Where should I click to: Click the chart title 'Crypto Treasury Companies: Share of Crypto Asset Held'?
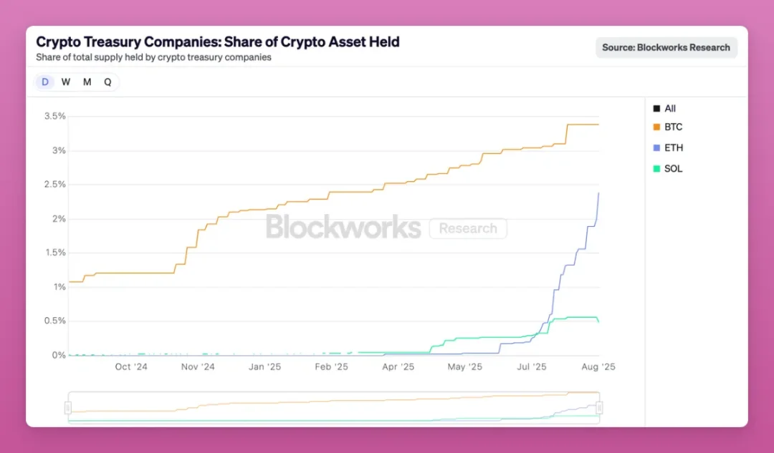218,42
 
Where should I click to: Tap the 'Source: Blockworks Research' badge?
666,47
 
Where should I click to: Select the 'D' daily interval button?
45,82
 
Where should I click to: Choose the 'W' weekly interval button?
66,82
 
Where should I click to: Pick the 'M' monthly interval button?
87,82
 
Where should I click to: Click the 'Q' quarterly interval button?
107,82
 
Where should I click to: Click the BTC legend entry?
673,127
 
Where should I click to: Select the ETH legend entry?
673,148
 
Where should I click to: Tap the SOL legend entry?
673,169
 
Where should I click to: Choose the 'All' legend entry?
669,109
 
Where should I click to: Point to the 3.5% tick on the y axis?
54,116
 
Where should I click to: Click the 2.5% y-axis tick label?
54,185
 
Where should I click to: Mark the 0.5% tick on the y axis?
54,321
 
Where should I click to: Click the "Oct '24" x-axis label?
131,367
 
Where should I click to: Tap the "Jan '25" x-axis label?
264,367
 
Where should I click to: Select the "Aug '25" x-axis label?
598,367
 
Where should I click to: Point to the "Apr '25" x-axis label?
398,367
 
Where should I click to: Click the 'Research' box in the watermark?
468,228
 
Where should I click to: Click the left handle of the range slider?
68,408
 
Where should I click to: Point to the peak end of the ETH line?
599,193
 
